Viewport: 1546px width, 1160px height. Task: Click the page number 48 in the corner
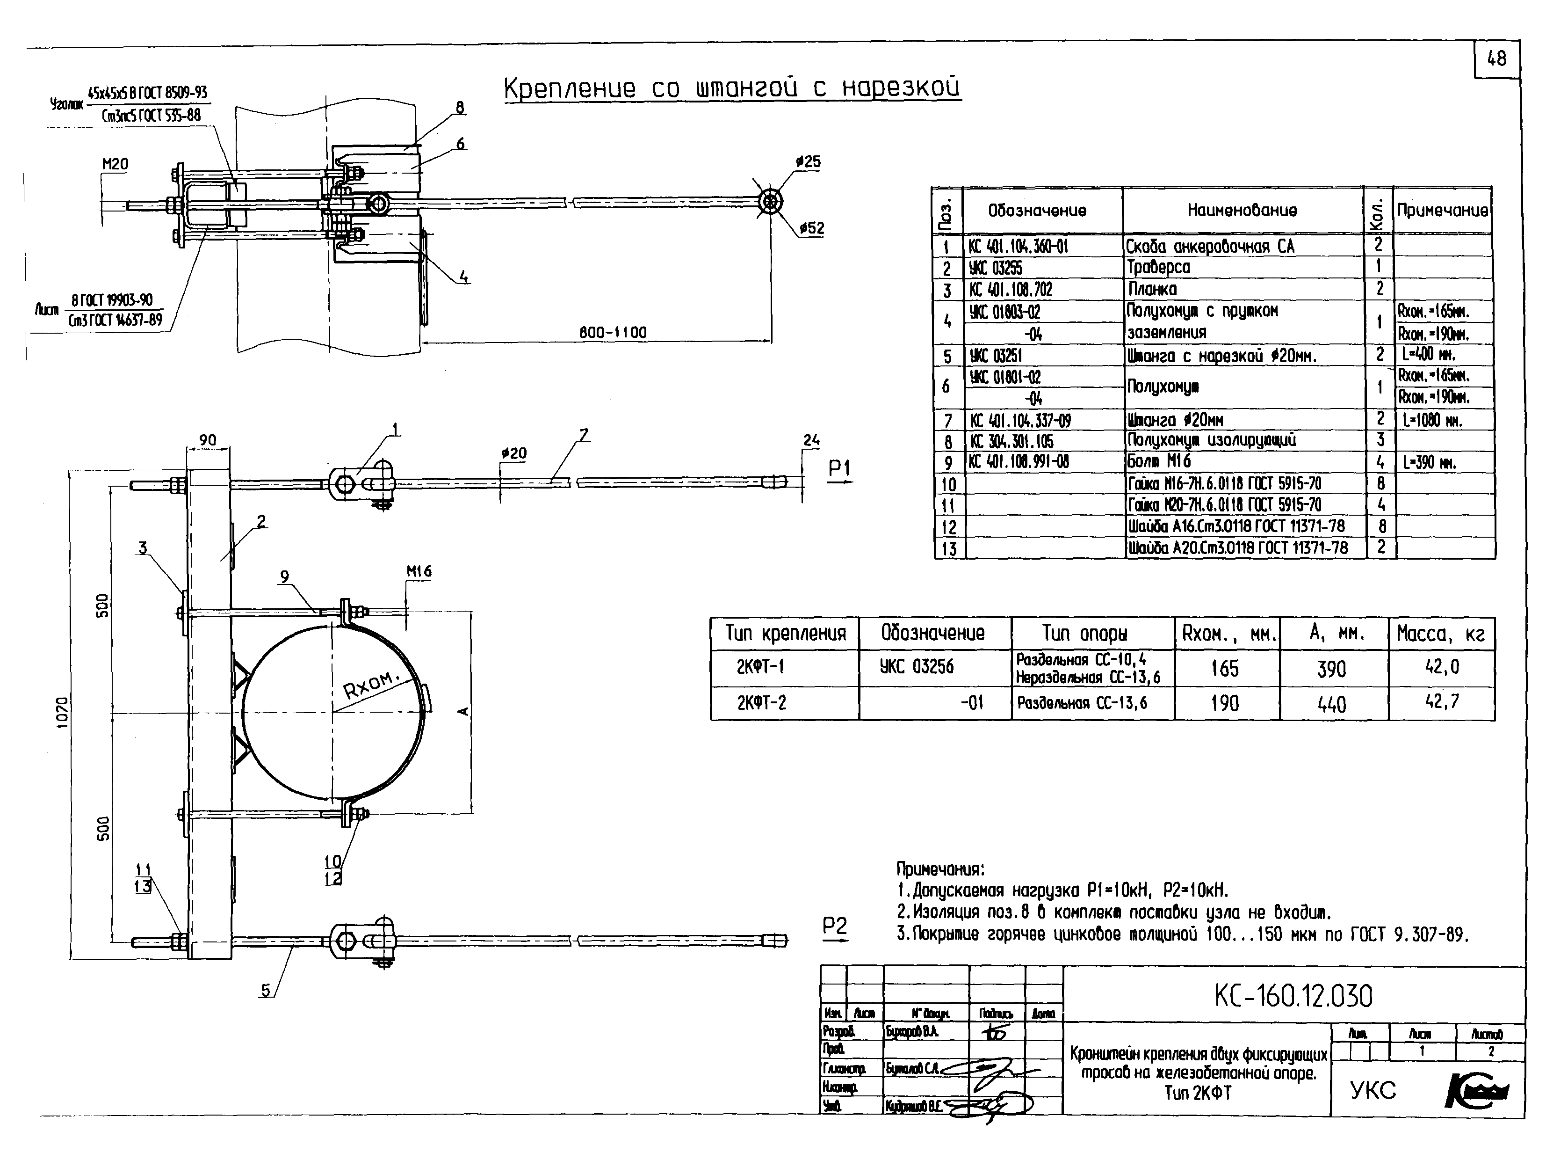coord(1496,59)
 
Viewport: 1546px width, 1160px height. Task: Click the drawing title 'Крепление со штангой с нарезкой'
coord(732,88)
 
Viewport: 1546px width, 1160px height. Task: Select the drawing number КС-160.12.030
coord(1293,996)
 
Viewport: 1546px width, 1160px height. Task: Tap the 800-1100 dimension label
coord(613,333)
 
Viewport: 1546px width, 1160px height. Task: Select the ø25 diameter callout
coord(808,161)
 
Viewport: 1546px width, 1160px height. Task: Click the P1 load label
coord(839,468)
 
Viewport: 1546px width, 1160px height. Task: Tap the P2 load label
coord(835,927)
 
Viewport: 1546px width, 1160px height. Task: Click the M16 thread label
coord(419,571)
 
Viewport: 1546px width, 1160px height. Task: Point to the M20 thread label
coord(116,164)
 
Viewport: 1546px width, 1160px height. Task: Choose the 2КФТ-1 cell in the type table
coord(760,667)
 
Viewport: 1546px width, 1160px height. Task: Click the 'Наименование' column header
coord(1242,210)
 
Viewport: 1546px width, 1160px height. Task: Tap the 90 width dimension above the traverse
coord(208,440)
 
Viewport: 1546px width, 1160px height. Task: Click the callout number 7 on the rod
coord(584,435)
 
